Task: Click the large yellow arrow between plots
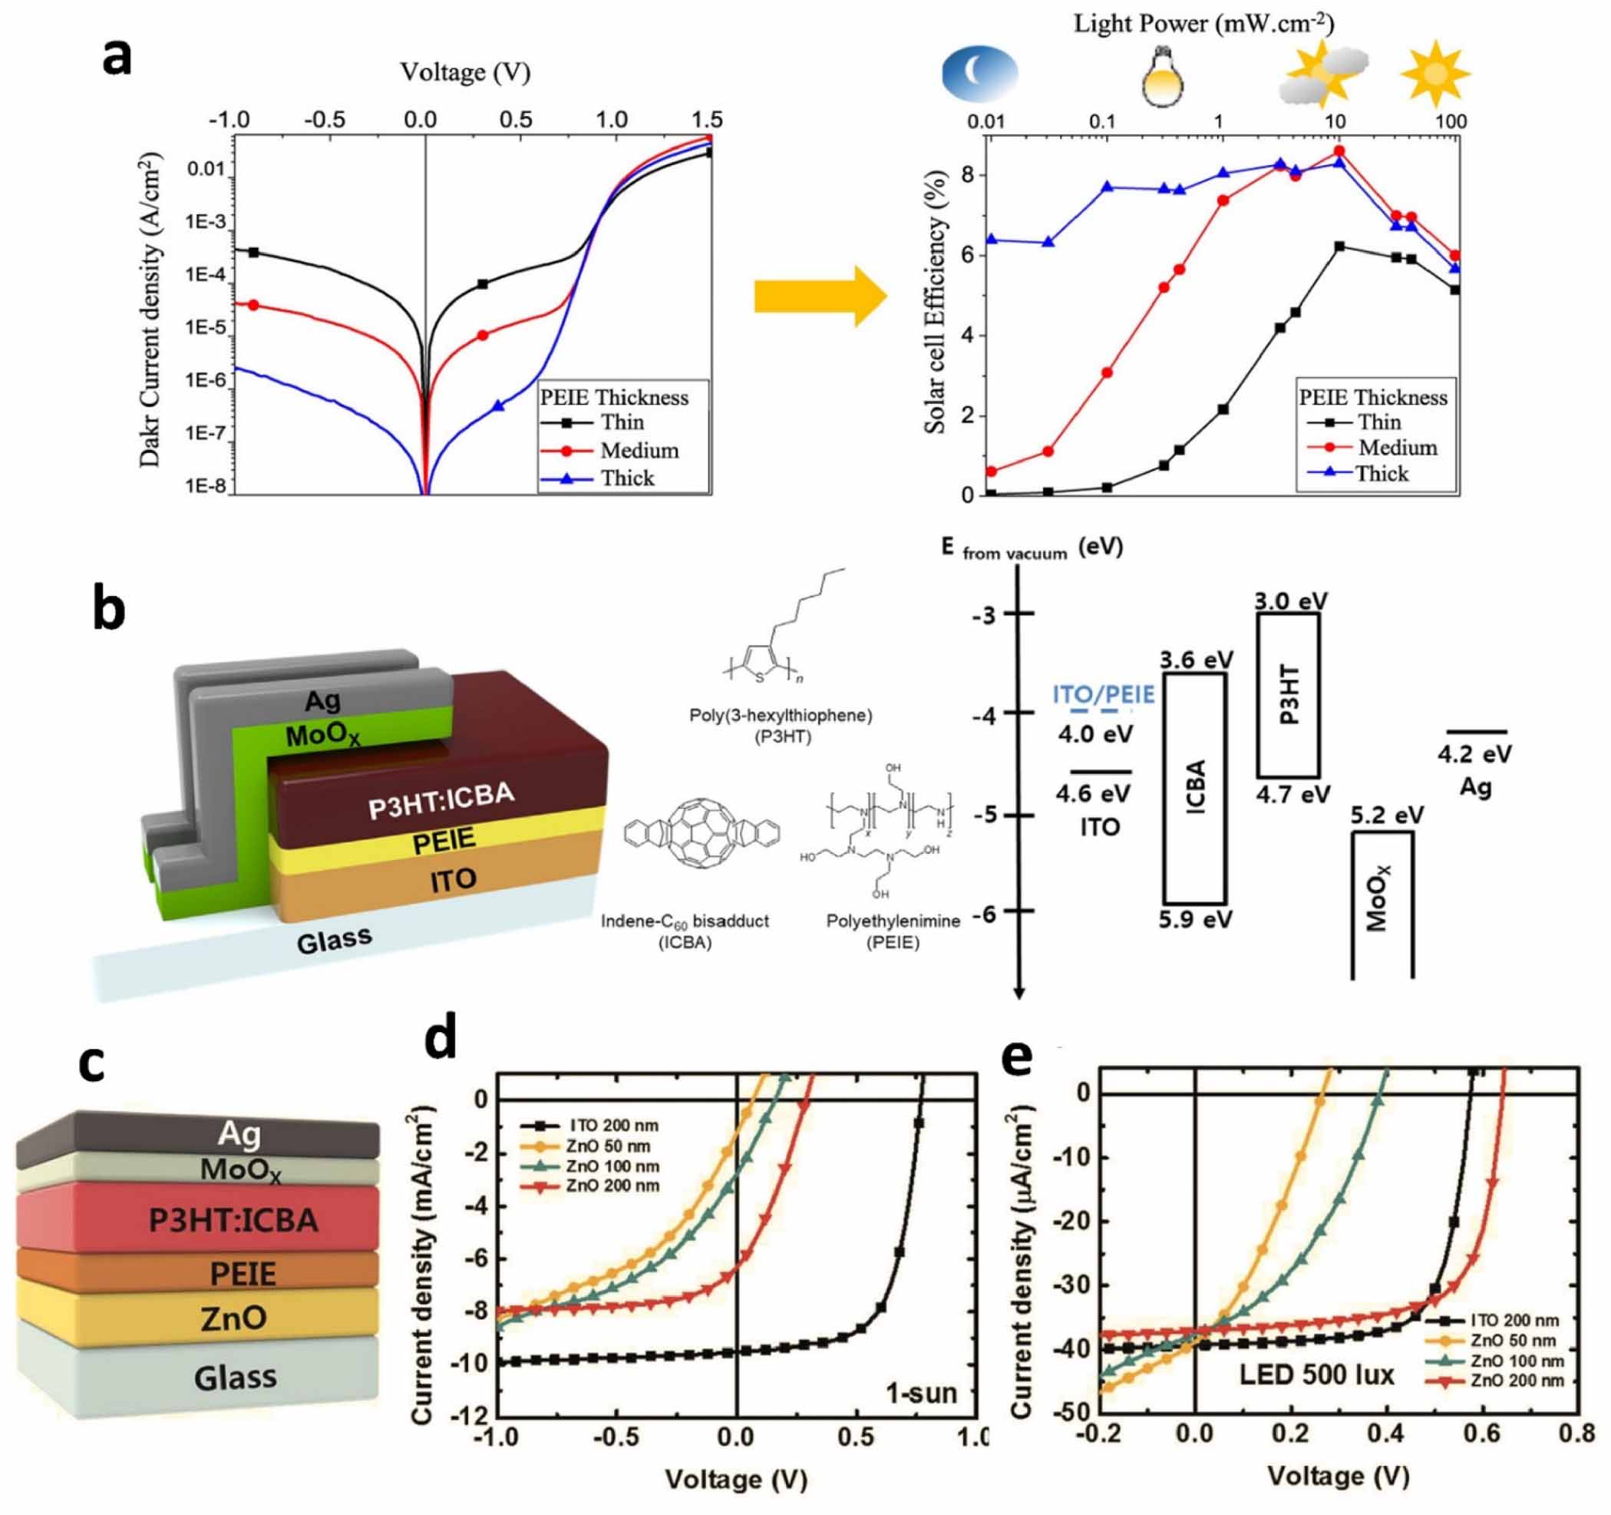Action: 819,296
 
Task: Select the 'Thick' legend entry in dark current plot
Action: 626,478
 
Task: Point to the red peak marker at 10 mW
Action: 1339,151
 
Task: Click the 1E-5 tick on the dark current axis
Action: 206,327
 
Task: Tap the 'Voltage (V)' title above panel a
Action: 465,73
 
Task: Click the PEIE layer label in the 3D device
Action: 444,840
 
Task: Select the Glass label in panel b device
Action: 334,941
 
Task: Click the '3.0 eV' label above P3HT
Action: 1291,600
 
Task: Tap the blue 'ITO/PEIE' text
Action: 1103,695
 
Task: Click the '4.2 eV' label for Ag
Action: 1474,754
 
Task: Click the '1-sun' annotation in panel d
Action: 920,1393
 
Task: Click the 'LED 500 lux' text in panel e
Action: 1317,1374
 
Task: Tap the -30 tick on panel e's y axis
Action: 1071,1285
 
